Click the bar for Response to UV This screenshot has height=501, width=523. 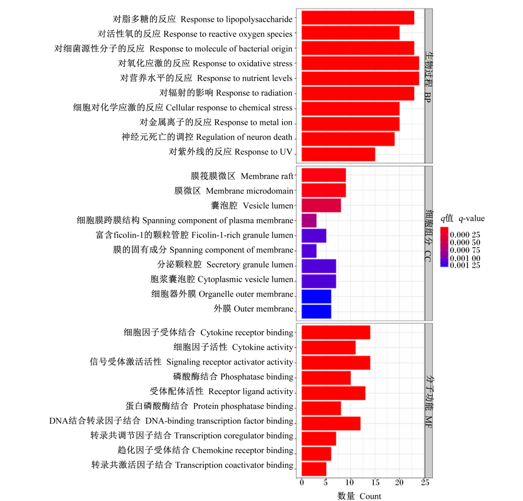click(338, 154)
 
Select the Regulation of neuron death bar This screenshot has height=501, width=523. click(348, 139)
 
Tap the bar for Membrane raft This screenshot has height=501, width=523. click(324, 175)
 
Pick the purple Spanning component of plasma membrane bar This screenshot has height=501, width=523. click(309, 221)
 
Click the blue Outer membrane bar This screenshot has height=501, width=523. click(316, 312)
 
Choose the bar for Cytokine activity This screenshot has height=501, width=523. click(328, 348)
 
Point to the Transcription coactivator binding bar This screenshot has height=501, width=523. click(314, 469)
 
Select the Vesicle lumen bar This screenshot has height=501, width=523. click(321, 206)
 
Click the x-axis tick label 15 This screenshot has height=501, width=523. click(375, 482)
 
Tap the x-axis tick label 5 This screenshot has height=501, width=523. click(325, 482)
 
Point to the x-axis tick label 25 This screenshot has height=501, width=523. click(425, 482)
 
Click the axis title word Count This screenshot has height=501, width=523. click(370, 496)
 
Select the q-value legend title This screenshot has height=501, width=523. click(462, 219)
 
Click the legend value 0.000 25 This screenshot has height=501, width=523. click(465, 235)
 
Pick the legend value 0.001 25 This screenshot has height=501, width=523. click(465, 266)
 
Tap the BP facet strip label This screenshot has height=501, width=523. click(428, 97)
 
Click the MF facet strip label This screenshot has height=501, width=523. click(429, 422)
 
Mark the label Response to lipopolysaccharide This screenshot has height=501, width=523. click(236, 19)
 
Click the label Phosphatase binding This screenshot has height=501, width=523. click(257, 377)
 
